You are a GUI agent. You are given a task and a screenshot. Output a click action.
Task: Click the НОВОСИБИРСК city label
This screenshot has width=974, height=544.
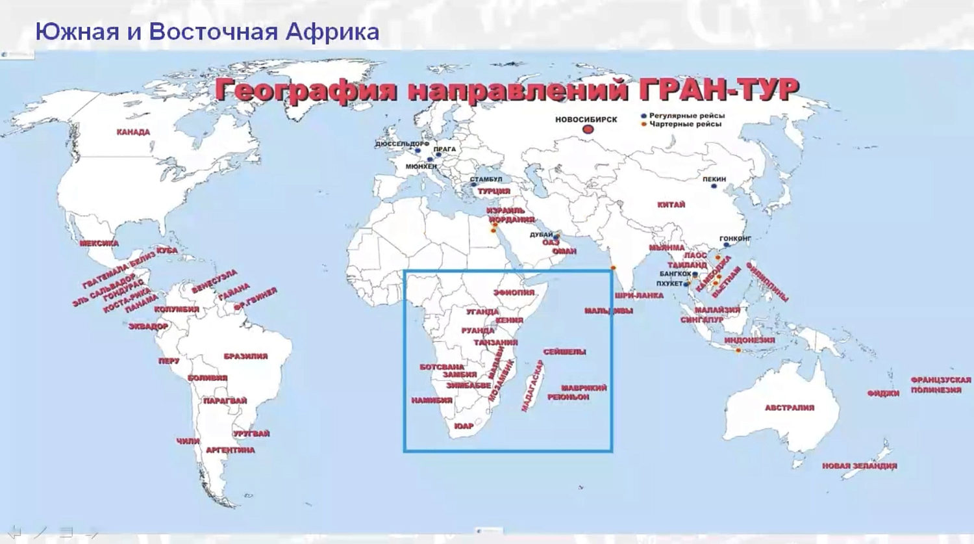pyautogui.click(x=586, y=120)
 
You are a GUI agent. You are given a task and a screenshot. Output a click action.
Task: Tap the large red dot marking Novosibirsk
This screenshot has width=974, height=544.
pyautogui.click(x=588, y=130)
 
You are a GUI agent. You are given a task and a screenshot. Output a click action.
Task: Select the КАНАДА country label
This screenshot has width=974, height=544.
pyautogui.click(x=133, y=132)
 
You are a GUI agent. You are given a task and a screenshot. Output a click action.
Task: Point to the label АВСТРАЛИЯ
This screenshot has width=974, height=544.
pyautogui.click(x=789, y=408)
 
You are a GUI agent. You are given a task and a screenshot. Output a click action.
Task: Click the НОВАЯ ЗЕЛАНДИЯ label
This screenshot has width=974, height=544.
pyautogui.click(x=859, y=466)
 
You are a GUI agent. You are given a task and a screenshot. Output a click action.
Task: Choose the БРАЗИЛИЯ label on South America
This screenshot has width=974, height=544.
pyautogui.click(x=245, y=356)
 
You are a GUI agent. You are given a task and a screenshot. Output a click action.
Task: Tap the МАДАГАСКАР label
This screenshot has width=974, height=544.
pyautogui.click(x=532, y=386)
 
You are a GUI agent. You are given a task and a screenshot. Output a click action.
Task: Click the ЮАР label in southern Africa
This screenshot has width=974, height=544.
pyautogui.click(x=464, y=426)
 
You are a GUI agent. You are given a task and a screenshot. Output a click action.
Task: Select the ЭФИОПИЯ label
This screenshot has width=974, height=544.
pyautogui.click(x=514, y=293)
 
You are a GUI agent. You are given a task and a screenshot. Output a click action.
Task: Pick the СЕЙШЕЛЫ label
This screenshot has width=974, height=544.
pyautogui.click(x=564, y=352)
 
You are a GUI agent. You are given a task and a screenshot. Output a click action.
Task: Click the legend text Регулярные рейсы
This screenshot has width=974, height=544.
pyautogui.click(x=687, y=116)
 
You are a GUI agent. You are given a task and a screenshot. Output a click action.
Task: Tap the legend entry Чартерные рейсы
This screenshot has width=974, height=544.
pyautogui.click(x=685, y=124)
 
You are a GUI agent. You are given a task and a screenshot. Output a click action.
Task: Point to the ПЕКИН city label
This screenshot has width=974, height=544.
pyautogui.click(x=714, y=179)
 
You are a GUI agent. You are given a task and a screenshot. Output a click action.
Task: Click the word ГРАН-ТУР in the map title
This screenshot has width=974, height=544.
pyautogui.click(x=718, y=90)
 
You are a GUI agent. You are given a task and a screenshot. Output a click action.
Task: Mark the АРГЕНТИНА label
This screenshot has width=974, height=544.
pyautogui.click(x=230, y=450)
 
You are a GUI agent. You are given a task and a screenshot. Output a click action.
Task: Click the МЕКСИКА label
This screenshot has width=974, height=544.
pyautogui.click(x=99, y=243)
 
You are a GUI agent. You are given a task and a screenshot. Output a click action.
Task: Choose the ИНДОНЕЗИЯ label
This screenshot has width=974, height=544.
pyautogui.click(x=749, y=340)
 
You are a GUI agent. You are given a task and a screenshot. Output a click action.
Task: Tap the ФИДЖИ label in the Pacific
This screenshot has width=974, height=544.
pyautogui.click(x=883, y=393)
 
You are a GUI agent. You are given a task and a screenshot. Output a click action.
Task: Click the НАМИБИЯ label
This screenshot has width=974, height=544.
pyautogui.click(x=431, y=400)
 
